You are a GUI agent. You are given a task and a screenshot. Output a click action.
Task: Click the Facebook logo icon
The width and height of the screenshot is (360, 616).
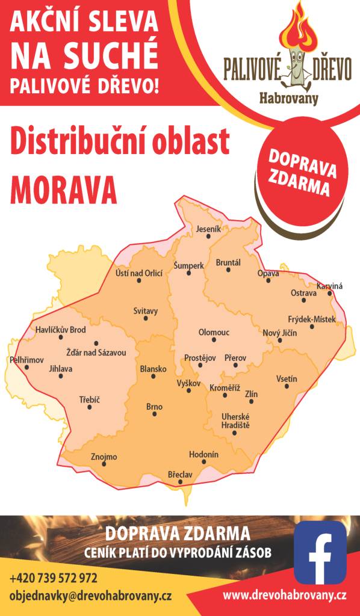320,552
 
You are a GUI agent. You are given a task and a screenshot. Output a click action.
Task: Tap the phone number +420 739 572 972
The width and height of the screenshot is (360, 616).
54,578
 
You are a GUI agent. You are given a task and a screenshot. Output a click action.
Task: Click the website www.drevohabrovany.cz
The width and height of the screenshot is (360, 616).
285,596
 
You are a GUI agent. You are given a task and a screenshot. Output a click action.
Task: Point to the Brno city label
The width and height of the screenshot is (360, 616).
155,407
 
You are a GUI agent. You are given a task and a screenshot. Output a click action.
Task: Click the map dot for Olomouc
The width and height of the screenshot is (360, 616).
215,340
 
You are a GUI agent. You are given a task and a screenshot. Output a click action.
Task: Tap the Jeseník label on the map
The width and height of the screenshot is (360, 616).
209,229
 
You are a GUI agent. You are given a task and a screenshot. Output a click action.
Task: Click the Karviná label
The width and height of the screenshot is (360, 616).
330,286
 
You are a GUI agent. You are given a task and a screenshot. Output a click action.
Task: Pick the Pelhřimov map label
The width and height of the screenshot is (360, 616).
27,360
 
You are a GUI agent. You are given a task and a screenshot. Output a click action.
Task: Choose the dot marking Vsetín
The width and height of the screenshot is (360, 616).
287,386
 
